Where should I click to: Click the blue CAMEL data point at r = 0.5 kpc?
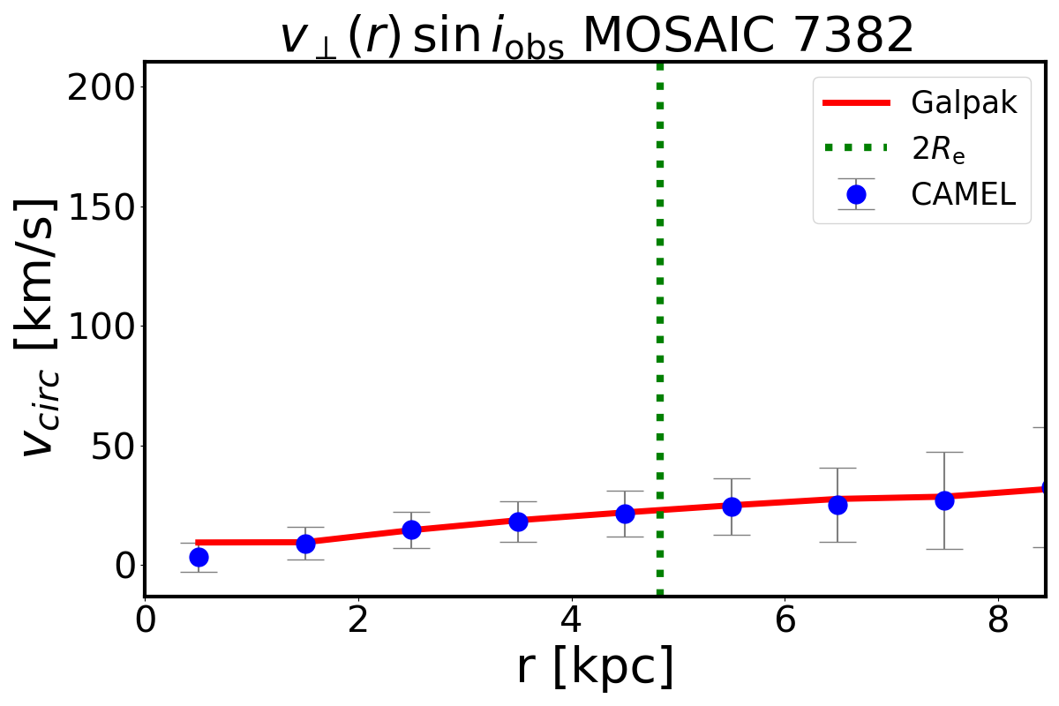tap(199, 557)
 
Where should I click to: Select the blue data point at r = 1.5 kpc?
tap(305, 544)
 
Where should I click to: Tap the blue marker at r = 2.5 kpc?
tap(411, 529)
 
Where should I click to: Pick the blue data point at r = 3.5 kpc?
tap(518, 522)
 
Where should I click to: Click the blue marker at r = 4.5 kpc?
tap(625, 514)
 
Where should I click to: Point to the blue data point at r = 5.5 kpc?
tap(732, 507)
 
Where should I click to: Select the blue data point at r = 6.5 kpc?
tap(837, 505)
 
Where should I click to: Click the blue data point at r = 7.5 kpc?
tap(944, 500)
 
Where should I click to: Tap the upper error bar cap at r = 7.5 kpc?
tap(944, 452)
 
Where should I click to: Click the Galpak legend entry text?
tap(965, 103)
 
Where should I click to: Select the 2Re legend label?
tap(938, 150)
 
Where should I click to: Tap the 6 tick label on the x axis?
tap(785, 620)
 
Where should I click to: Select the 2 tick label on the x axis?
tap(358, 620)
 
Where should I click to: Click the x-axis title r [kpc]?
tap(595, 667)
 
